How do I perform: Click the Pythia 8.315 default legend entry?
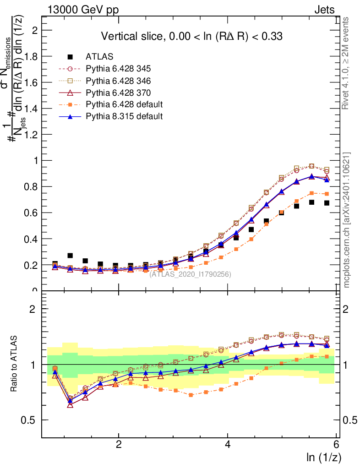point(124,116)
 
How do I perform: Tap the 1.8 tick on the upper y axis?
point(33,56)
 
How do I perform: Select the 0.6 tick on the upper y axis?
point(33,213)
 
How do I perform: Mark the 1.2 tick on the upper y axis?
point(33,135)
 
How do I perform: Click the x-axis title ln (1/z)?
point(323,457)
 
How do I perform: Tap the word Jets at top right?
point(324,10)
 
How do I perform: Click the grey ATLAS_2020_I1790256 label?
point(190,274)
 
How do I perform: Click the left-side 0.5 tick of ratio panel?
point(33,420)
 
